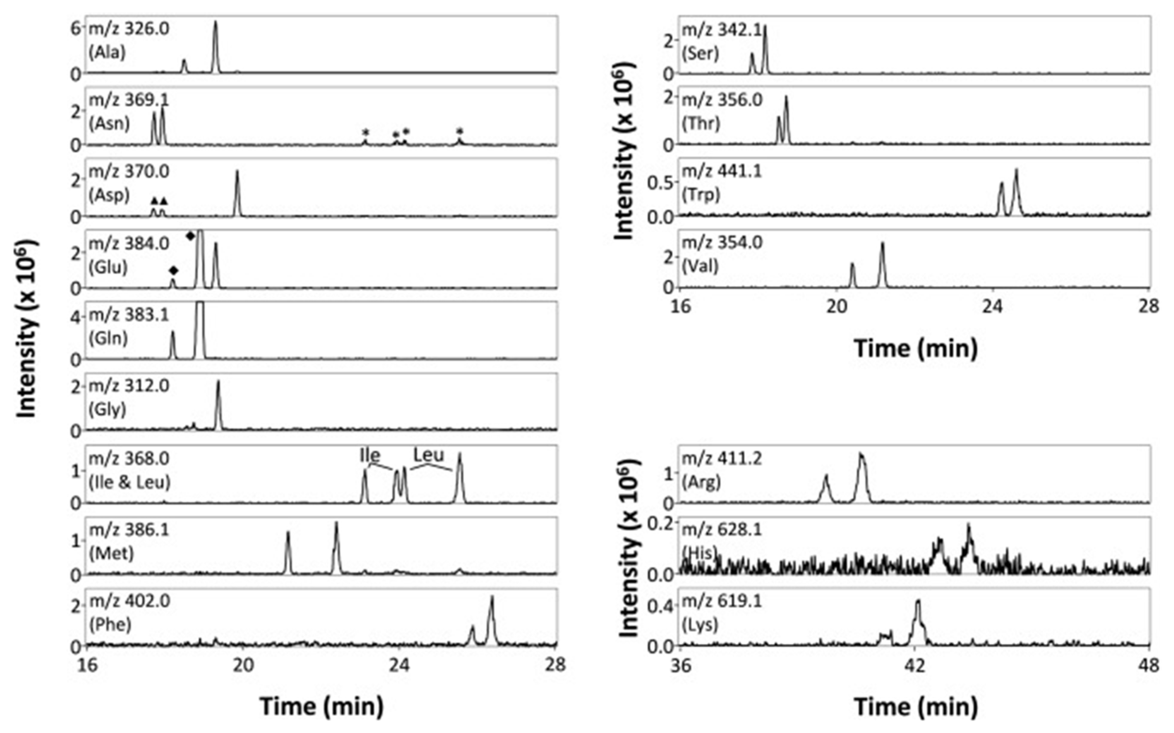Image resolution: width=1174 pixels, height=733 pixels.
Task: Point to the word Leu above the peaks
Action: (428, 455)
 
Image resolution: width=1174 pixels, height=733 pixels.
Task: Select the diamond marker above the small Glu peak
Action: (173, 270)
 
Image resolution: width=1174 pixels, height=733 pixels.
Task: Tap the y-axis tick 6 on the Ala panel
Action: (75, 28)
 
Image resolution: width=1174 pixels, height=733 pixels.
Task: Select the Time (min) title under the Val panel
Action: (915, 349)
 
